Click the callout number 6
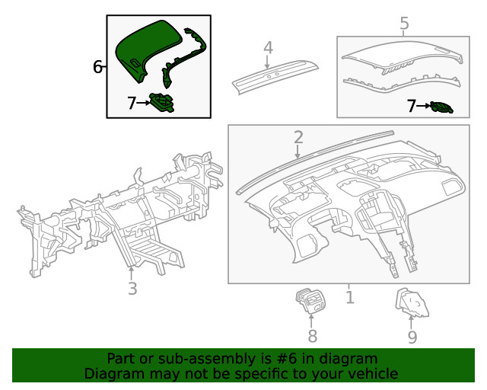pyautogui.click(x=98, y=67)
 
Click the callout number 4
pyautogui.click(x=268, y=48)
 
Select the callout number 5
pyautogui.click(x=404, y=24)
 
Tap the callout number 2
pyautogui.click(x=298, y=137)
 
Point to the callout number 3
pyautogui.click(x=132, y=288)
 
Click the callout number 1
pyautogui.click(x=349, y=296)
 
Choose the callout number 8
pyautogui.click(x=312, y=336)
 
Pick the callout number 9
pyautogui.click(x=412, y=336)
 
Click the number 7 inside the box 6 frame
pyautogui.click(x=132, y=103)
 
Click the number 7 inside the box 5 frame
pyautogui.click(x=412, y=107)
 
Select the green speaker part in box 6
pyautogui.click(x=162, y=102)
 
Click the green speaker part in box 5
pyautogui.click(x=441, y=107)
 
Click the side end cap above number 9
pyautogui.click(x=410, y=304)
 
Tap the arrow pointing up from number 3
pyautogui.click(x=132, y=270)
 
